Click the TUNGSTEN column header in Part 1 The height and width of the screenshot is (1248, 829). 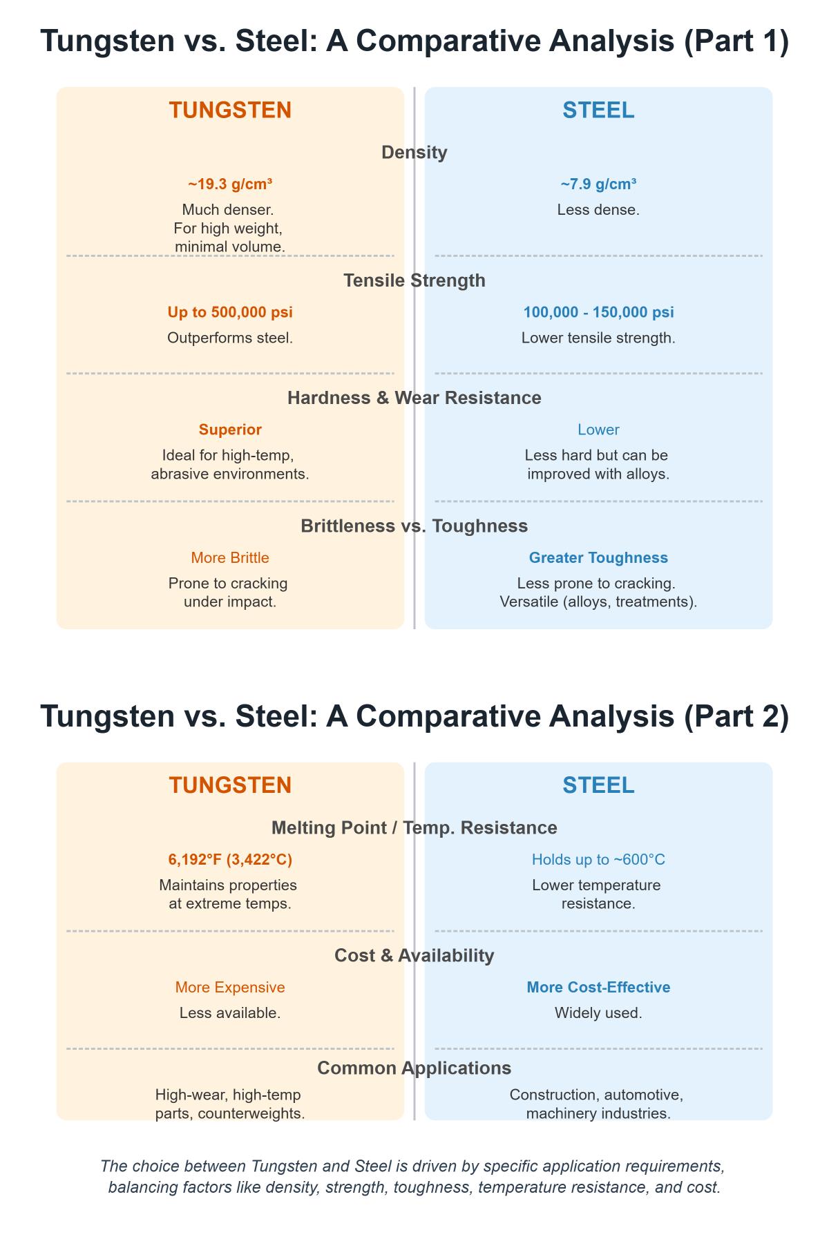pyautogui.click(x=230, y=111)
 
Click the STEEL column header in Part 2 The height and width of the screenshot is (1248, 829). pyautogui.click(x=598, y=785)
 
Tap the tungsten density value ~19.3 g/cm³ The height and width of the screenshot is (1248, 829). pyautogui.click(x=230, y=184)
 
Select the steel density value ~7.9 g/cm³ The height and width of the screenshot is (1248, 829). pyautogui.click(x=598, y=184)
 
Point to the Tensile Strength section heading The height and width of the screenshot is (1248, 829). pyautogui.click(x=414, y=280)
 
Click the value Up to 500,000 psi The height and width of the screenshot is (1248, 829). pyautogui.click(x=230, y=312)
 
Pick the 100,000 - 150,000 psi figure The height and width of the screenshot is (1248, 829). pyautogui.click(x=598, y=312)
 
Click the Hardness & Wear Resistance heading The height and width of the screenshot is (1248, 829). pyautogui.click(x=414, y=398)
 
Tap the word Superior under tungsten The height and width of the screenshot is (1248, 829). pyautogui.click(x=230, y=430)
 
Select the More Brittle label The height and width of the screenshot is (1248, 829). pyautogui.click(x=230, y=557)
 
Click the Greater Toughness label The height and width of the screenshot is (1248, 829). pyautogui.click(x=598, y=557)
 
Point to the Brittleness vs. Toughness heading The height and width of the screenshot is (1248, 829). pyautogui.click(x=414, y=526)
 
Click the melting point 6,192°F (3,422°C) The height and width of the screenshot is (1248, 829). pyautogui.click(x=230, y=859)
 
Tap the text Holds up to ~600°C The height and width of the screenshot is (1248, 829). pyautogui.click(x=598, y=859)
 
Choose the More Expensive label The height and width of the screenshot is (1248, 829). pyautogui.click(x=230, y=988)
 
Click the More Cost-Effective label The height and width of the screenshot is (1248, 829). pyautogui.click(x=598, y=988)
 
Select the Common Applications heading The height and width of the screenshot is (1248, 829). pyautogui.click(x=414, y=1068)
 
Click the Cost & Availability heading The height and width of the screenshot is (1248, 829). pyautogui.click(x=414, y=955)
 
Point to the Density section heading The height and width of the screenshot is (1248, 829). pyautogui.click(x=414, y=153)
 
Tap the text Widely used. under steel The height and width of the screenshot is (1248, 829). pyautogui.click(x=598, y=1013)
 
